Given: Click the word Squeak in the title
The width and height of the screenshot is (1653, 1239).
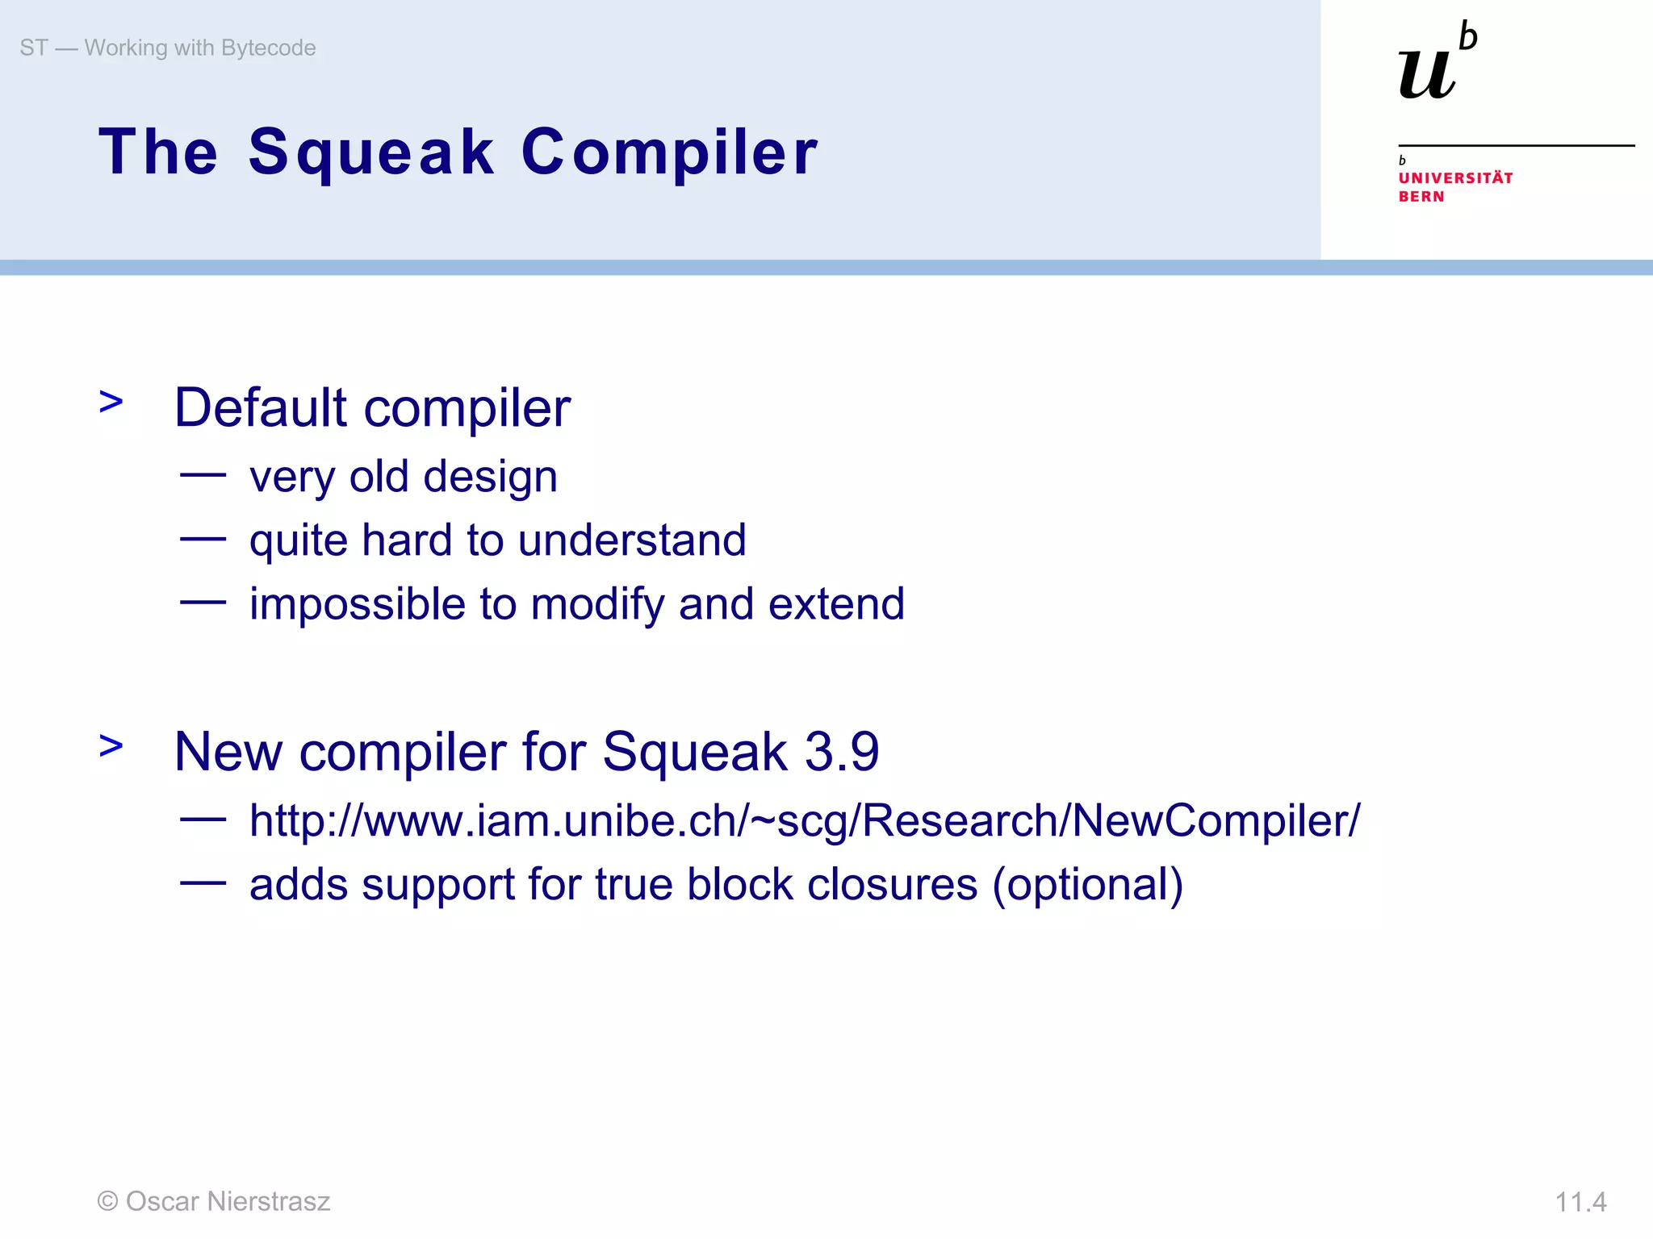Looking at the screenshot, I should coord(370,153).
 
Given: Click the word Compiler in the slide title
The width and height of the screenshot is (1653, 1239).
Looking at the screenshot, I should coord(669,153).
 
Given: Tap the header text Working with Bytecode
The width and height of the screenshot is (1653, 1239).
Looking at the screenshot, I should coord(199,48).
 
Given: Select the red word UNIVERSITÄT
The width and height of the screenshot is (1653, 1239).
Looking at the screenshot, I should coord(1455,178).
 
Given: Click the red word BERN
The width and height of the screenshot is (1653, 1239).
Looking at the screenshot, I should coord(1421,197).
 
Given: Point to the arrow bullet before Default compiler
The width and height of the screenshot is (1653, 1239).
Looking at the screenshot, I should coord(111,402).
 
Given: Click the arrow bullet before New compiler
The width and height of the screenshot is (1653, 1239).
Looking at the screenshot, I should coord(111,746).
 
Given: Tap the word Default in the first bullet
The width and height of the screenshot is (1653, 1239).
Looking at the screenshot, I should coord(261,408).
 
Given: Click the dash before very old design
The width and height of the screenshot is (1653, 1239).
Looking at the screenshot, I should coord(203,475).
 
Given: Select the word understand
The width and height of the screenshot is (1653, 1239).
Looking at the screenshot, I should coord(632,540).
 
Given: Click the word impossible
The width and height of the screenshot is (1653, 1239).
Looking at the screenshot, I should coord(357,605).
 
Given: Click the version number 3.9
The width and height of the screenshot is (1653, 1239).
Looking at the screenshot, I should coord(842,752).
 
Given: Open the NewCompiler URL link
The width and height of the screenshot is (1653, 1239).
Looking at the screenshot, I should coord(804,821).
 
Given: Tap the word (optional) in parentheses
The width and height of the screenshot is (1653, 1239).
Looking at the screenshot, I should coord(1087,885).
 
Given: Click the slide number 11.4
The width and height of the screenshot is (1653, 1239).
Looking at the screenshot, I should coord(1580,1203).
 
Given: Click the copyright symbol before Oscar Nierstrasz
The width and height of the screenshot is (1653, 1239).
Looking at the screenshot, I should coord(107,1202).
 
